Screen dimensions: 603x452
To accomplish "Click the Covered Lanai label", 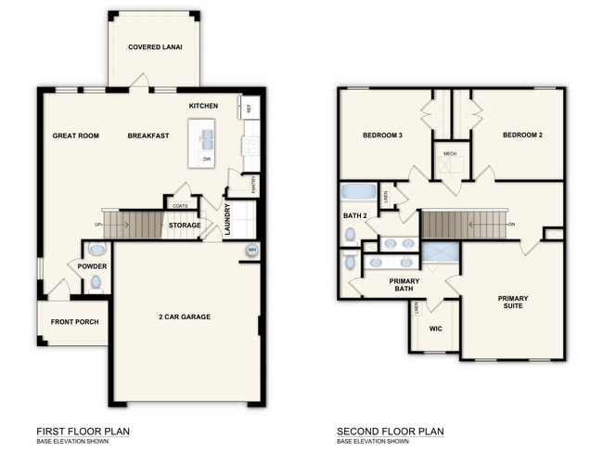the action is (x=155, y=47).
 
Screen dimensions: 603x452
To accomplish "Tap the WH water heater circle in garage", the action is (x=252, y=251).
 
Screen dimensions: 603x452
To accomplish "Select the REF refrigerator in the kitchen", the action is (x=249, y=107).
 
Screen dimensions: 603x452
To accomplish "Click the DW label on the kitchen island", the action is (x=207, y=160).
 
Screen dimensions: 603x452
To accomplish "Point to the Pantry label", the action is (x=253, y=185).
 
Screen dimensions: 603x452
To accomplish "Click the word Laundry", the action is (x=227, y=220).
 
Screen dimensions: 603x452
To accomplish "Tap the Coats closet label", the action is (x=180, y=206).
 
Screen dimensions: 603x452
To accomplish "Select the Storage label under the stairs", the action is (x=185, y=225).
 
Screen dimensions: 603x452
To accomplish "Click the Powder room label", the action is (x=92, y=266).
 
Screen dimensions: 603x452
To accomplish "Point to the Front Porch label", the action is (x=74, y=321).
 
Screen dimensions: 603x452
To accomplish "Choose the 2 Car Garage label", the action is (x=185, y=317).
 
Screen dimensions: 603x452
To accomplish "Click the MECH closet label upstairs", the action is (x=450, y=153).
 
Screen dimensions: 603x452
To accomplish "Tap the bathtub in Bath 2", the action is (x=359, y=192).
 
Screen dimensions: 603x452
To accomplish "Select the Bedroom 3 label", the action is (x=382, y=135).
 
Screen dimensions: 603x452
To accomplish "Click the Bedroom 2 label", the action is (x=522, y=135).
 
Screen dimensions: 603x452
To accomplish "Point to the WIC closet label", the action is (x=436, y=329).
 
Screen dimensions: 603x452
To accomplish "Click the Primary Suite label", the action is (x=513, y=302).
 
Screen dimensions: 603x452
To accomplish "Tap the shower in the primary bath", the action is (x=441, y=252).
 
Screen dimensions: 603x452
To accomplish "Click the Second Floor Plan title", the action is (x=391, y=432).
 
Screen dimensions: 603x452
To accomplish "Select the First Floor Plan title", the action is (x=83, y=432).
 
